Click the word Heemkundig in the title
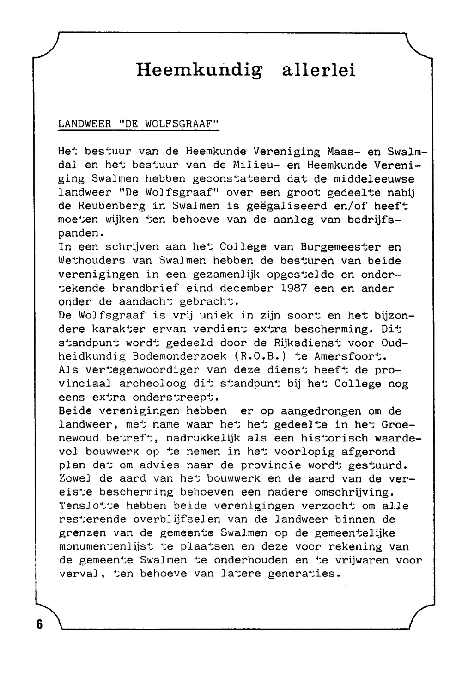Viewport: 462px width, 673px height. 199,70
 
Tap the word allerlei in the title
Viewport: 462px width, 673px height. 319,70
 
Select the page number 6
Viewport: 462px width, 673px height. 39,624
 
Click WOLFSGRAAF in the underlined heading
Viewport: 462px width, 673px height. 181,124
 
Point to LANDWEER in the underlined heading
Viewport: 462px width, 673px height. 85,124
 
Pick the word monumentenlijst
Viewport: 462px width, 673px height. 109,547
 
